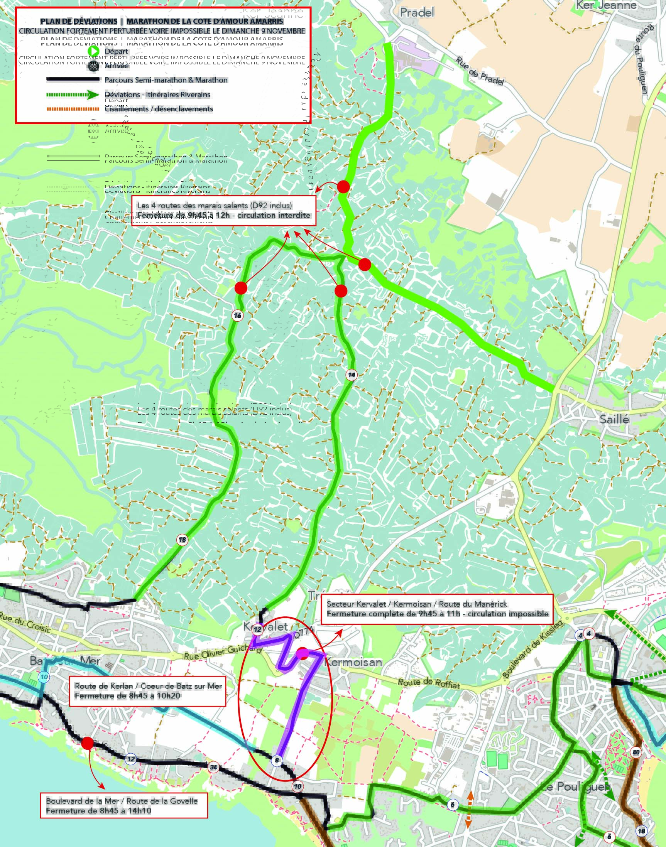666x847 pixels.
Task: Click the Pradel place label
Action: coord(417,13)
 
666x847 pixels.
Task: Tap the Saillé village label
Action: coord(614,419)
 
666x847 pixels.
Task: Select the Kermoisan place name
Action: coord(353,662)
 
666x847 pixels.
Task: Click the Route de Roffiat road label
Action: coord(429,683)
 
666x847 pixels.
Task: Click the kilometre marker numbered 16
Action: coord(237,316)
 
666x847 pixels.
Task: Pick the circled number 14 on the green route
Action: coord(351,375)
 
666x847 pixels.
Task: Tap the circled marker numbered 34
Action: coord(213,768)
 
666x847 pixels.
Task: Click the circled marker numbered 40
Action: coord(636,752)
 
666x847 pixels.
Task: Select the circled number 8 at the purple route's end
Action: coord(277,760)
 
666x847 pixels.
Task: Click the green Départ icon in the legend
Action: coord(93,51)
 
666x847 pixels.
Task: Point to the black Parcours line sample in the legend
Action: coord(73,80)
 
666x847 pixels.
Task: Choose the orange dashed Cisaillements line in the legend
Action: coord(73,109)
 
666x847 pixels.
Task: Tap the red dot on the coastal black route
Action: coord(87,743)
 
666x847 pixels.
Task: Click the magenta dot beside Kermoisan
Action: coord(303,654)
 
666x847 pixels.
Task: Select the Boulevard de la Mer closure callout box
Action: coord(123,806)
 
